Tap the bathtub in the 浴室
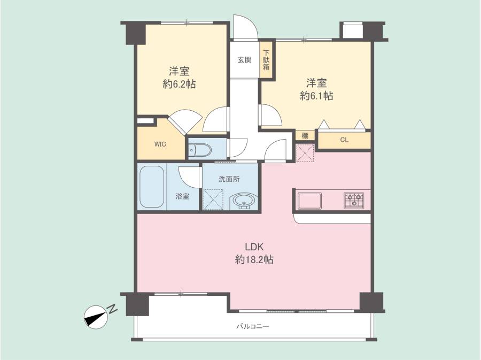pos(152,187)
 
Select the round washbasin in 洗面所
pos(244,201)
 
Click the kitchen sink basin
pos(310,201)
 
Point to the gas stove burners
pos(354,201)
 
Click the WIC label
pos(160,144)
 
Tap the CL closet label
pos(344,140)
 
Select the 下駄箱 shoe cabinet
pos(266,59)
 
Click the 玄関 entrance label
pos(244,59)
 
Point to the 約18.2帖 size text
pos(254,260)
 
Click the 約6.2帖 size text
pos(179,84)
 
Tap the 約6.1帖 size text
pos(316,96)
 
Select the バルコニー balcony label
pos(252,326)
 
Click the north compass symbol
pos(96,317)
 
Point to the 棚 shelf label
pos(305,135)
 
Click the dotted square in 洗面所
pos(213,200)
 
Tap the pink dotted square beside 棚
pos(305,153)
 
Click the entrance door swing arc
pos(245,26)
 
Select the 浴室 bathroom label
pos(182,196)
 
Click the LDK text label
pos(254,247)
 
